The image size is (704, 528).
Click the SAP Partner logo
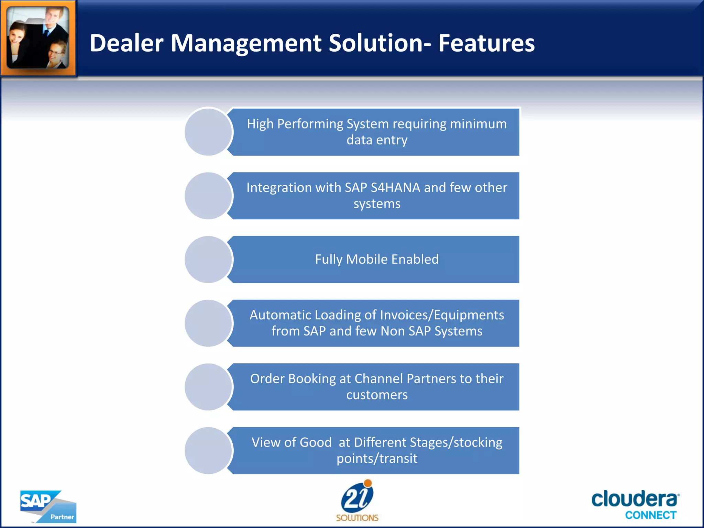pos(48,506)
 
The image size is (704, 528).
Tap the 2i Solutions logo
pos(357,500)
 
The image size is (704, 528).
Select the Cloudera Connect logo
pos(635,504)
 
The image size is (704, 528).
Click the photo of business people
pos(38,37)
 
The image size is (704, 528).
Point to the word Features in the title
pos(486,43)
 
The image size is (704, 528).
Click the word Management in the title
pos(246,43)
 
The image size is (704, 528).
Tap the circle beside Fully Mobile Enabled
pos(208,260)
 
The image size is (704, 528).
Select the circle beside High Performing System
pos(208,132)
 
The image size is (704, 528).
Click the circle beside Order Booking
pos(208,387)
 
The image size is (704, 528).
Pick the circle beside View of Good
pos(208,450)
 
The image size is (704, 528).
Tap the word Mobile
pos(367,259)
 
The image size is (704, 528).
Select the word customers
pos(377,395)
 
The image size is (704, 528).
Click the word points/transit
pos(377,459)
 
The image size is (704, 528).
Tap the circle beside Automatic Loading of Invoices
pos(208,323)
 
